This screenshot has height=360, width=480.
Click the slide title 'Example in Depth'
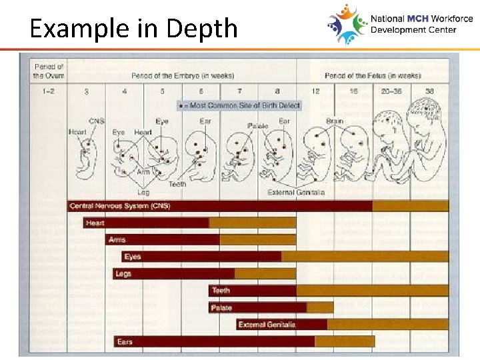click(134, 28)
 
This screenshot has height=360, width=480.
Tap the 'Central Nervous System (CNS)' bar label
click(120, 206)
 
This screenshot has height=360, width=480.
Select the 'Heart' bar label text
click(95, 223)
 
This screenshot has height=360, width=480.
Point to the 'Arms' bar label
click(116, 240)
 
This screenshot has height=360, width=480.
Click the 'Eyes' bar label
click(133, 257)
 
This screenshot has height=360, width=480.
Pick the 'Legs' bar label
click(123, 273)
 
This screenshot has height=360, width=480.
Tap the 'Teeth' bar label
click(221, 291)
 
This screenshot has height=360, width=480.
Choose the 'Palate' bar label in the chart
click(222, 308)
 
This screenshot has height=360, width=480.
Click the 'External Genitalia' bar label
click(267, 325)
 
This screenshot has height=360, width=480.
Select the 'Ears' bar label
click(125, 342)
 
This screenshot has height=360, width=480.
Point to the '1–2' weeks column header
click(48, 91)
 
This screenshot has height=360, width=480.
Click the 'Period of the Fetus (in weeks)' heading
click(373, 75)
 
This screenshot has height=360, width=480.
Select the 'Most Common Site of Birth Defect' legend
click(239, 105)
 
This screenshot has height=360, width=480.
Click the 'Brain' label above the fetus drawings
click(334, 121)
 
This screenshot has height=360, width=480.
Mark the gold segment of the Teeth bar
click(372, 291)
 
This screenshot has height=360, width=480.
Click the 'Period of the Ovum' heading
click(48, 71)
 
